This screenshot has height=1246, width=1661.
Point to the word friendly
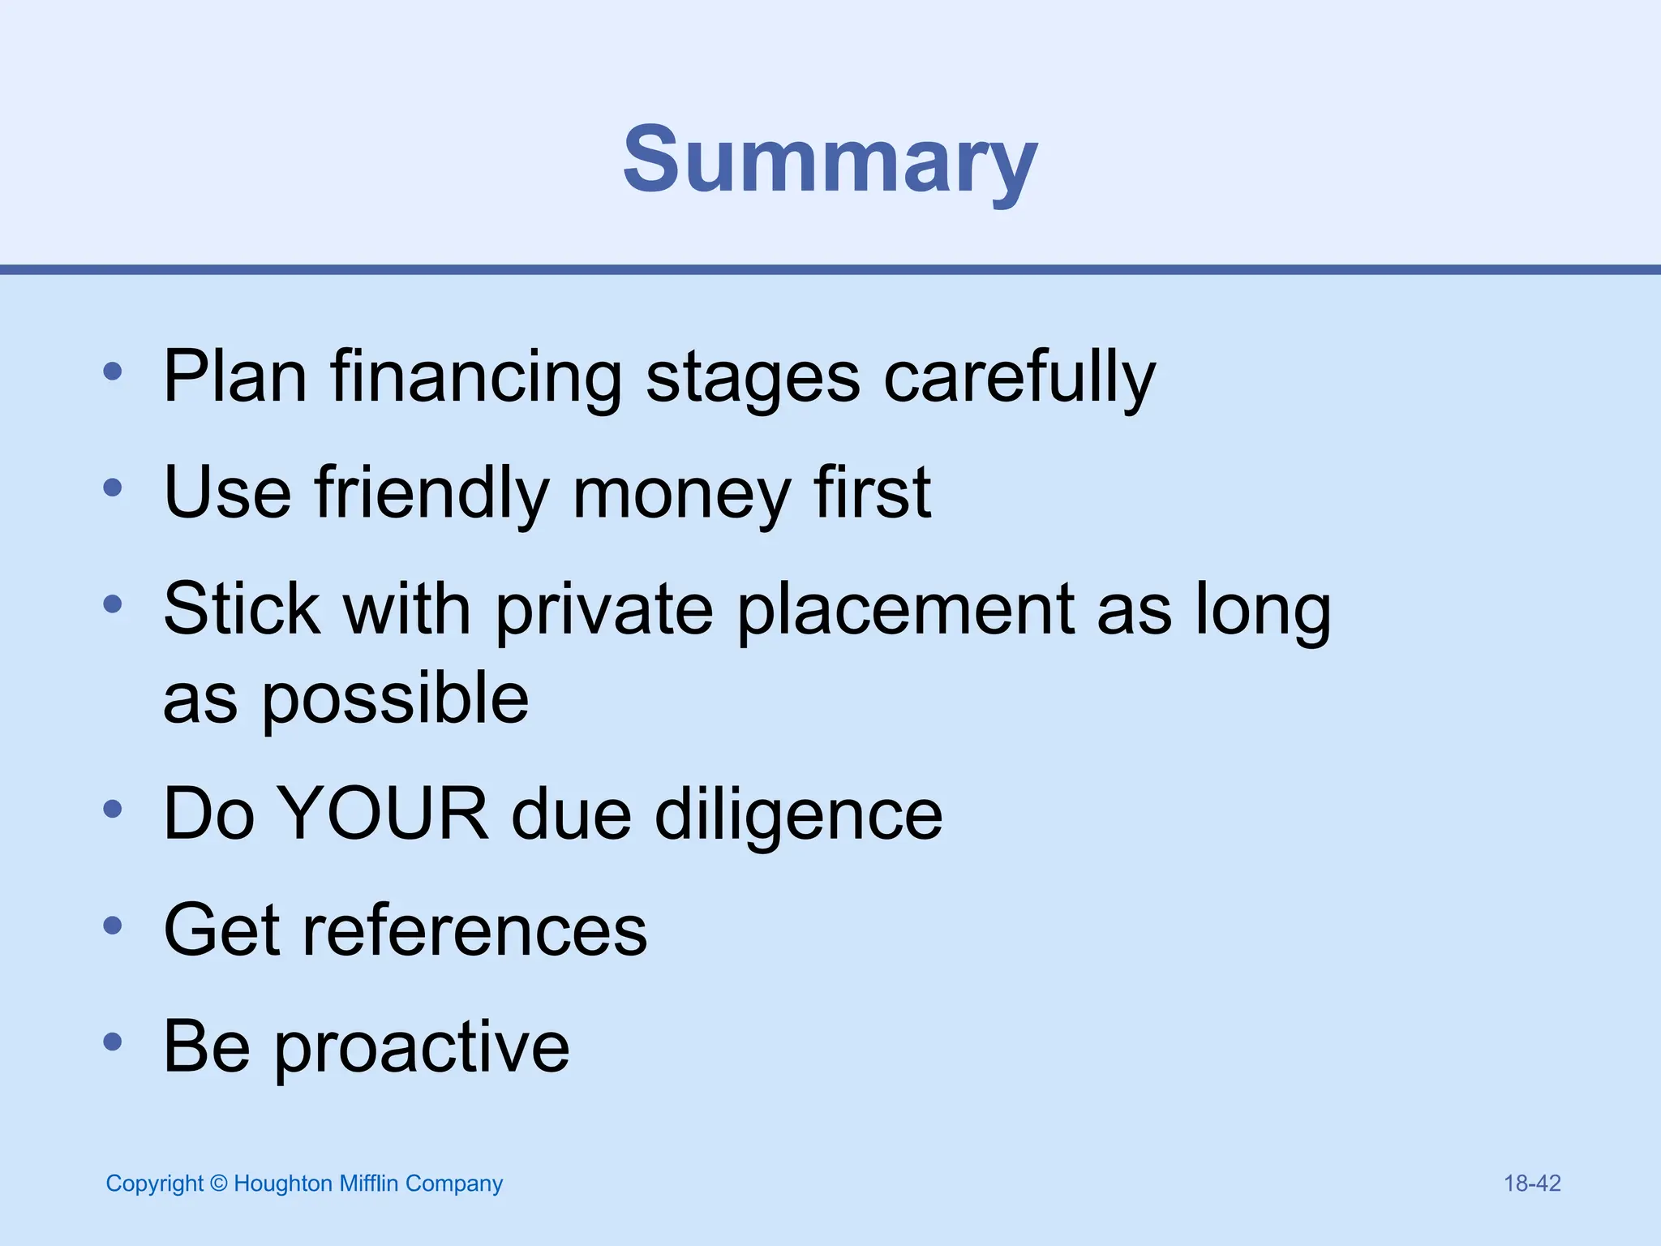431,492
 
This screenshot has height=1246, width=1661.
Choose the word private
605,610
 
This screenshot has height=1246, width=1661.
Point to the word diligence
798,814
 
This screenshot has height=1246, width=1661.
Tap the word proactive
421,1047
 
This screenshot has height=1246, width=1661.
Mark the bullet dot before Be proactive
113,1041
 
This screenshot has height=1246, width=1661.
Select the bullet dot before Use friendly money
113,487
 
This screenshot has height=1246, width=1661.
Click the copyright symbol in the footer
218,1184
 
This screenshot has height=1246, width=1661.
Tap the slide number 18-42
1532,1184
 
